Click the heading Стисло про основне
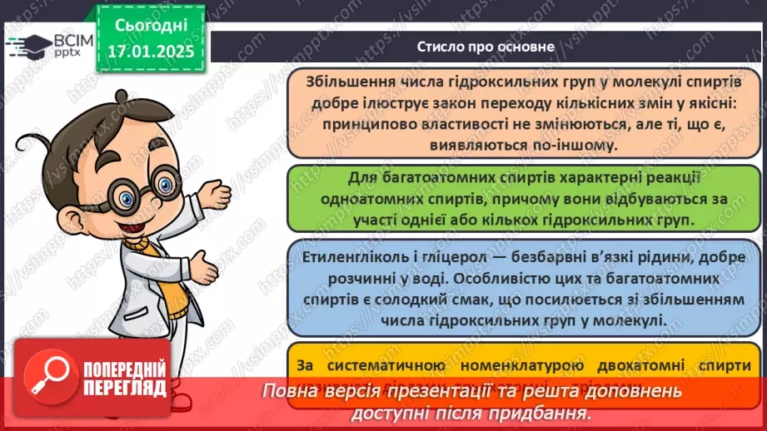[x=486, y=47]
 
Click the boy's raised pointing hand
[x=217, y=198]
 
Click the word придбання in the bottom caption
[x=539, y=412]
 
